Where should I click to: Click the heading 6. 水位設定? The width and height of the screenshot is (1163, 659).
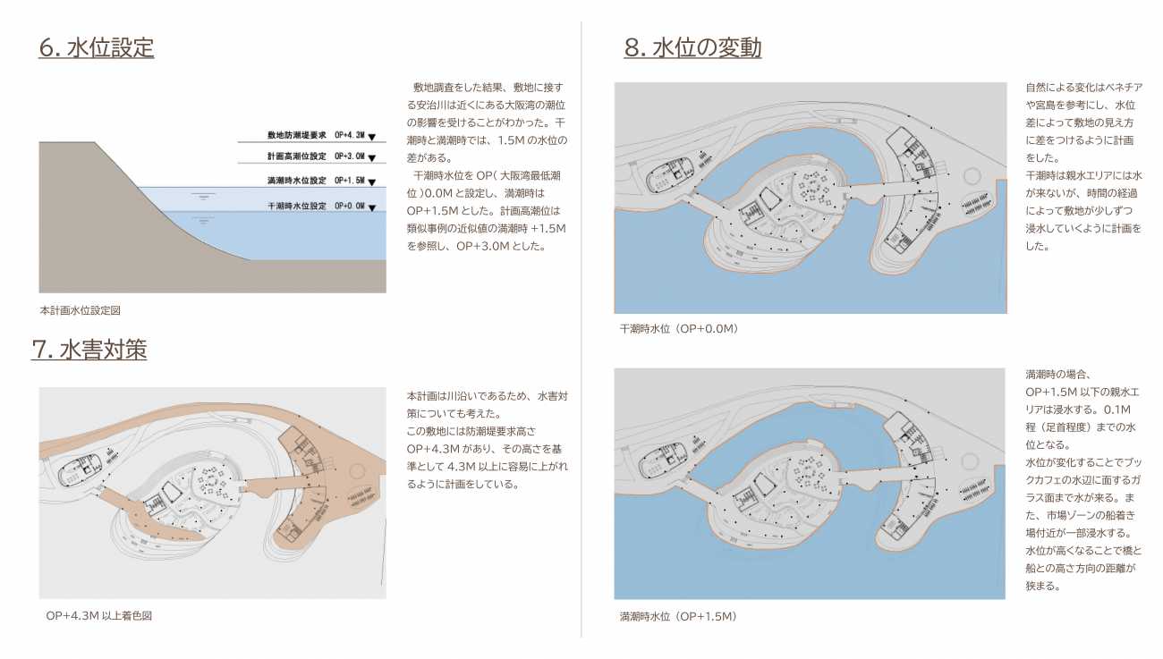(x=97, y=47)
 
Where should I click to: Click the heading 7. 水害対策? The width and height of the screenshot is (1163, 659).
(x=89, y=350)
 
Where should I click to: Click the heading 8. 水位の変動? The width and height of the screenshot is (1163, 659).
(x=692, y=47)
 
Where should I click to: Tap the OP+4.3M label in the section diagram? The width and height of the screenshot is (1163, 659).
(x=350, y=135)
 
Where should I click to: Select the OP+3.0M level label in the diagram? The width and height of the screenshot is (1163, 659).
(x=350, y=156)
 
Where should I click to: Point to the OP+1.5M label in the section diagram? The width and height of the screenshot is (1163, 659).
(x=350, y=181)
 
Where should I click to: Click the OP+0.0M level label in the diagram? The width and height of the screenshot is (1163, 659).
(x=350, y=206)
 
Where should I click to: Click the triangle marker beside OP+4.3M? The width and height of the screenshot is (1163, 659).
(x=372, y=137)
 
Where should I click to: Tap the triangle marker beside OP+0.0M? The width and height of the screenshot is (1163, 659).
(x=372, y=208)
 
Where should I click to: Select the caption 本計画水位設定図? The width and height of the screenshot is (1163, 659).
(x=80, y=310)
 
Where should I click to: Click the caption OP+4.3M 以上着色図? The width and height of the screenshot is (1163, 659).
(x=98, y=616)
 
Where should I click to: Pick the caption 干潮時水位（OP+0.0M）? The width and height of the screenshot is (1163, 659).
(x=679, y=328)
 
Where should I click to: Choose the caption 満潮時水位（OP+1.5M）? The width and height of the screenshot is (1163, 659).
(x=679, y=616)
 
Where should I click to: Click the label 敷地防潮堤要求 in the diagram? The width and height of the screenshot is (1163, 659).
(x=296, y=135)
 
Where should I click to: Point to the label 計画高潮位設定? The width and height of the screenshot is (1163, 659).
(x=296, y=156)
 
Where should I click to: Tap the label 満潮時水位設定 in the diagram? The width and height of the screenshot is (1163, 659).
(x=296, y=181)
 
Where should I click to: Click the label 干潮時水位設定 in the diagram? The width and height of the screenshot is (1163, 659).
(x=296, y=206)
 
